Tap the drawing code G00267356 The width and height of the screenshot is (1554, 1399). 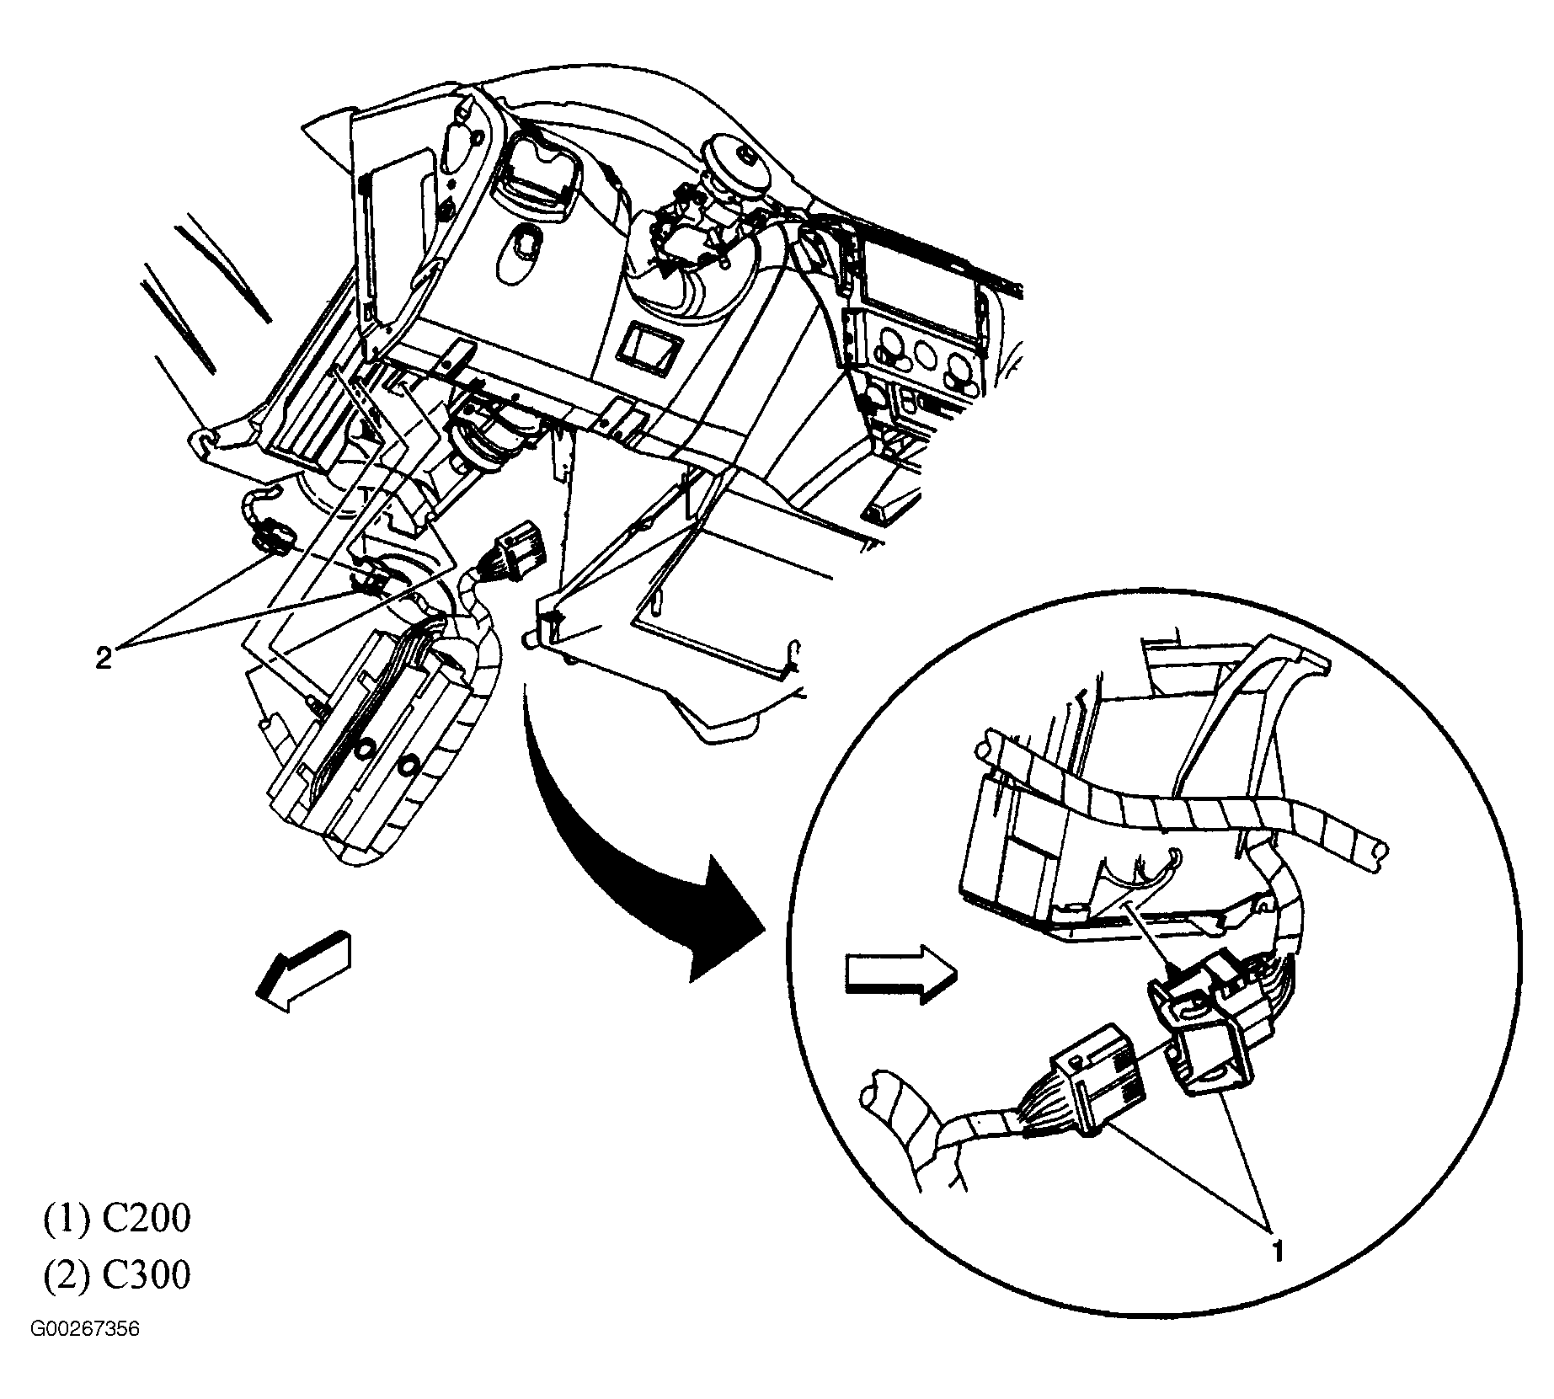[x=85, y=1354]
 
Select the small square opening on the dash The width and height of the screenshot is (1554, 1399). [x=648, y=347]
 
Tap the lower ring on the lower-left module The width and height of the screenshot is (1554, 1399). [x=410, y=765]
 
